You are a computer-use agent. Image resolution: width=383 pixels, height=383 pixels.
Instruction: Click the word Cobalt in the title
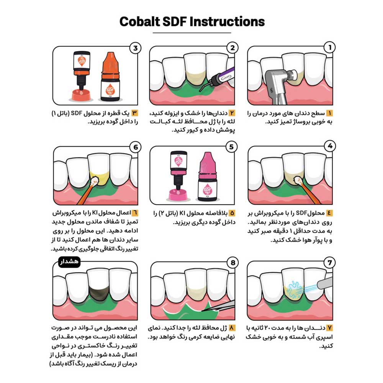pyautogui.click(x=139, y=21)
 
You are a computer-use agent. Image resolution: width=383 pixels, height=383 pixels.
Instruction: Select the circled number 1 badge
pyautogui.click(x=329, y=47)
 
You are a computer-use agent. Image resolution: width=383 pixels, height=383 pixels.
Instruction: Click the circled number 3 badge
pyautogui.click(x=135, y=48)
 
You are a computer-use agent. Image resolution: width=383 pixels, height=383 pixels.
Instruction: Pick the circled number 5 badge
pyautogui.click(x=231, y=147)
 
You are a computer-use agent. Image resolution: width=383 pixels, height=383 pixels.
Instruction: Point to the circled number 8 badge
pyautogui.click(x=233, y=263)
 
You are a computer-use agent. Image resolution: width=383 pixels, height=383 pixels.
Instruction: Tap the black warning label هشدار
pyautogui.click(x=69, y=262)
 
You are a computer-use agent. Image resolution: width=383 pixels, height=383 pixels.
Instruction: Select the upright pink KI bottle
pyautogui.click(x=207, y=176)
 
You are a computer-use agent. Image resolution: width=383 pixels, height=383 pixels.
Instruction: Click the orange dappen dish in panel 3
pyautogui.click(x=81, y=95)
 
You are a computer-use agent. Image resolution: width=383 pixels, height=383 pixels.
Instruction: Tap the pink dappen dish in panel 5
pyautogui.click(x=178, y=195)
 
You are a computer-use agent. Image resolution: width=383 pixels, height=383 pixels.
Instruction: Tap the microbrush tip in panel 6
pyautogui.click(x=95, y=181)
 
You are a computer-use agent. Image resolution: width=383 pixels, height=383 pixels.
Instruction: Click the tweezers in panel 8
pyautogui.click(x=219, y=306)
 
